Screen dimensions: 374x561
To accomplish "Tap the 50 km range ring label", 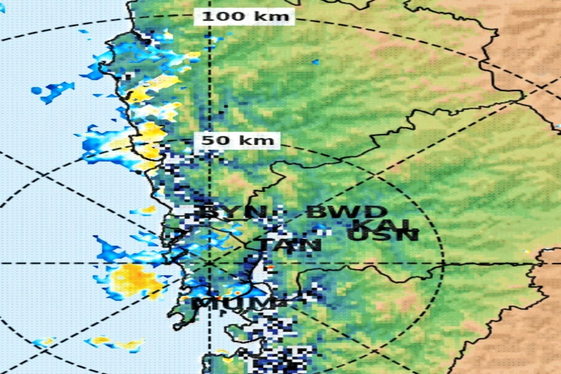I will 237,140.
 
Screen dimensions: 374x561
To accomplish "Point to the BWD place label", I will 346,212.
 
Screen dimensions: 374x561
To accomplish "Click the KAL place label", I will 382,224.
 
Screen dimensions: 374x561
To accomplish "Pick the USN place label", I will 383,235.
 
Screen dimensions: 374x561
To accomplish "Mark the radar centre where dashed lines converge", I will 209,263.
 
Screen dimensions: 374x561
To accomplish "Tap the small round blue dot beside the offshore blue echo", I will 36,90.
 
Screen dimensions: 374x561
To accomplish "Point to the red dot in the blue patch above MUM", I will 238,293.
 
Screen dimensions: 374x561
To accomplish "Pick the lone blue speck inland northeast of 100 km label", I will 316,61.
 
